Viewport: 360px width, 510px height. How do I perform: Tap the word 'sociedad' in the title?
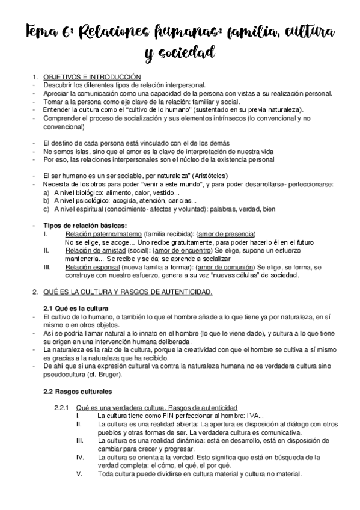pyautogui.click(x=189, y=54)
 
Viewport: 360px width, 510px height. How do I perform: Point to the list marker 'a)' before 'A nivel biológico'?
pyautogui.click(x=46, y=193)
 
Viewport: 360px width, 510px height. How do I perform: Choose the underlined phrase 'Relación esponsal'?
pyautogui.click(x=92, y=266)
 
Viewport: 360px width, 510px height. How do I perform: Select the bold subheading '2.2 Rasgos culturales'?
pyautogui.click(x=74, y=392)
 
